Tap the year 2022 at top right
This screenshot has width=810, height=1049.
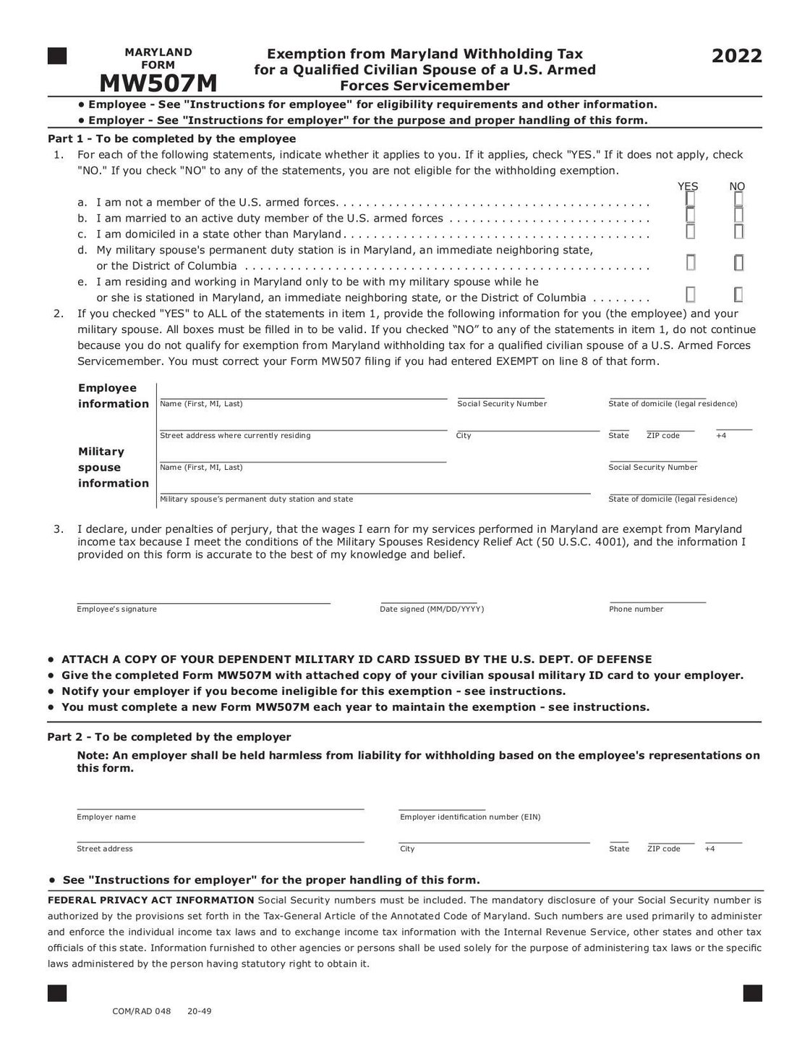[736, 56]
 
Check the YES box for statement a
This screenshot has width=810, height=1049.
[691, 198]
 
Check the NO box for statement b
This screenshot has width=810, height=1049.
[738, 215]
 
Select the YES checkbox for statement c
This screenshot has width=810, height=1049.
[691, 232]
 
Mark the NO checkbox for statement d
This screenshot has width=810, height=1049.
[738, 264]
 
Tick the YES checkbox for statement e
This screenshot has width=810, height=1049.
[691, 295]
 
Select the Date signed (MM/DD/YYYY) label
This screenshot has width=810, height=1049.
[432, 610]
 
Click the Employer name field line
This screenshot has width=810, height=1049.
[220, 807]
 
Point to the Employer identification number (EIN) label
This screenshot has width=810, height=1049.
[470, 817]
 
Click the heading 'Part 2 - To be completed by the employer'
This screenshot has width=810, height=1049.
[169, 737]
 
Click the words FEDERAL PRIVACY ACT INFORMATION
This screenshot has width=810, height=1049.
[150, 901]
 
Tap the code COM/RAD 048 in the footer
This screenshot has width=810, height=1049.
[142, 1012]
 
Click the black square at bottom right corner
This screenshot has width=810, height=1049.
[752, 993]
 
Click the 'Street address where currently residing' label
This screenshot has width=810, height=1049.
[235, 436]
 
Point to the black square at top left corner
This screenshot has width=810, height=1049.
[57, 56]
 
